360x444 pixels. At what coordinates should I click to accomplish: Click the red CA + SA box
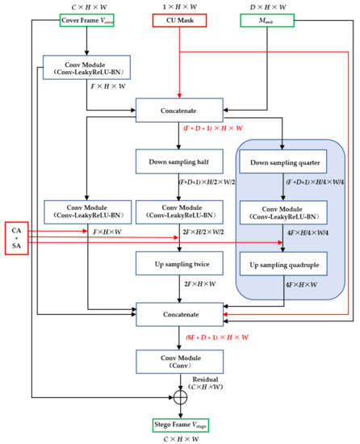click(17, 233)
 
